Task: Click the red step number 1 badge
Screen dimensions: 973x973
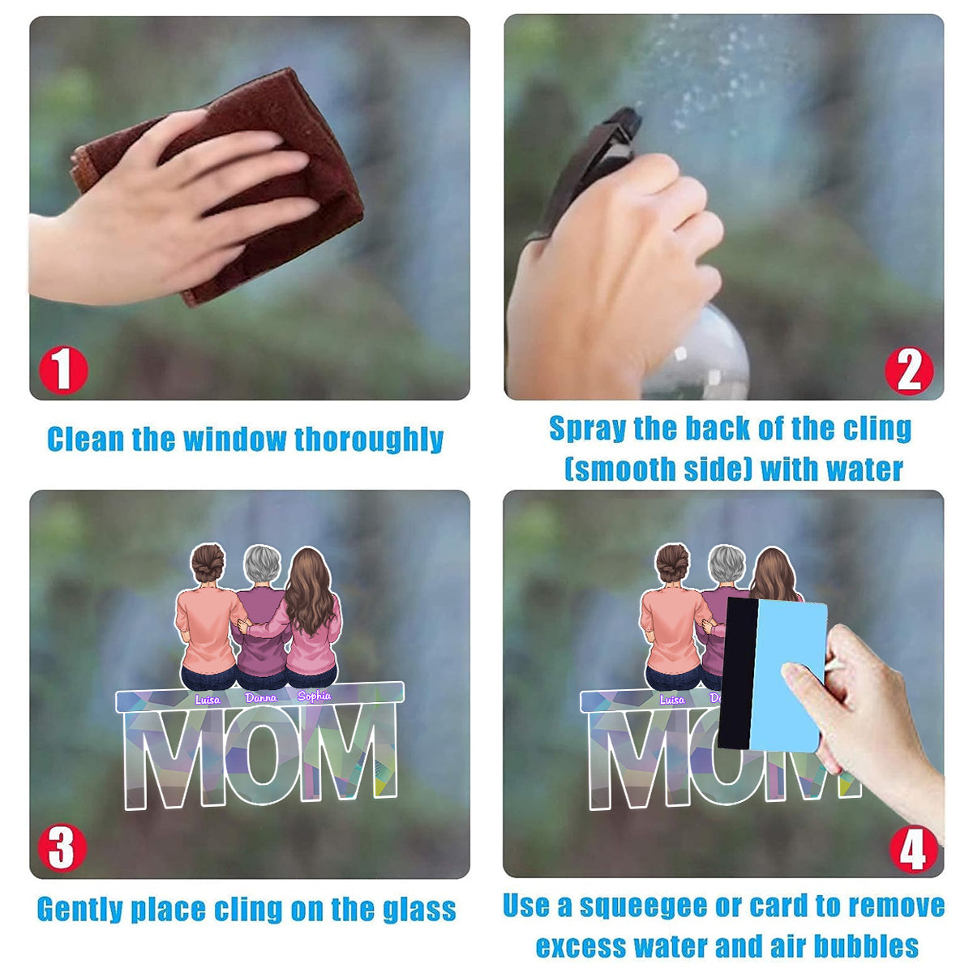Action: pyautogui.click(x=63, y=370)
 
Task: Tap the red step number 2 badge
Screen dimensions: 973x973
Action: pyautogui.click(x=909, y=371)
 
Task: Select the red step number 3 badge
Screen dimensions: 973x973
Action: pyautogui.click(x=62, y=847)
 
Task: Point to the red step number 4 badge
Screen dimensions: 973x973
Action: pyautogui.click(x=914, y=849)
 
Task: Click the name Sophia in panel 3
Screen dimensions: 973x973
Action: pyautogui.click(x=314, y=696)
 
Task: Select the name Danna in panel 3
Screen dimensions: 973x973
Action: pyautogui.click(x=261, y=698)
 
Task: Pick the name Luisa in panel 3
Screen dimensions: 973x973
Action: pyautogui.click(x=208, y=699)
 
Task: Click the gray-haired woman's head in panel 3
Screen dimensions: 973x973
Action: pyautogui.click(x=262, y=564)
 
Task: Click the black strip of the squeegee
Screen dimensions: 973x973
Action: pyautogui.click(x=736, y=673)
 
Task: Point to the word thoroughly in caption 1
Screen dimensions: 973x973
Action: pyautogui.click(x=369, y=439)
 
